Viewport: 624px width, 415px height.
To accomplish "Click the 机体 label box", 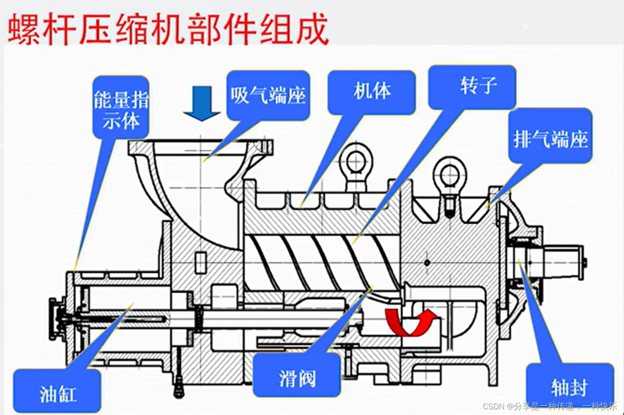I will (x=371, y=91).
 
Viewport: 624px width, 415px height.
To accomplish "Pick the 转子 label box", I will (x=472, y=86).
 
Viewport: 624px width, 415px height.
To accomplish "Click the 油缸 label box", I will (x=57, y=391).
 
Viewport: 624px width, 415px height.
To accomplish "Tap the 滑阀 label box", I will (x=297, y=375).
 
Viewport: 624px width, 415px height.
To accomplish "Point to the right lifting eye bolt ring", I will (x=450, y=173).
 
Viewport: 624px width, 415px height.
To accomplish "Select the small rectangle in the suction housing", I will (x=201, y=262).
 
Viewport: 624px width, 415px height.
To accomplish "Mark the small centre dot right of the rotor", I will (x=427, y=262).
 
